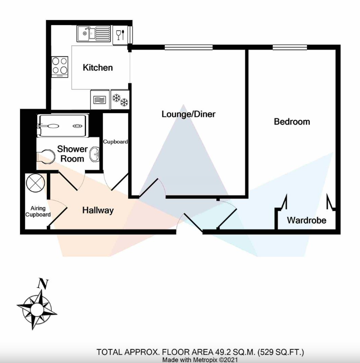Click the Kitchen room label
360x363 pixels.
tap(98, 68)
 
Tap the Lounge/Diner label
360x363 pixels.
tap(188, 114)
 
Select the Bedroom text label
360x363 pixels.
tap(292, 122)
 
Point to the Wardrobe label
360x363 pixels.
tap(306, 220)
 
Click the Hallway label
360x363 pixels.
tap(98, 210)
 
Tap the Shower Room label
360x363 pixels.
tap(72, 154)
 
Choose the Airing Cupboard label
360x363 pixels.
tap(38, 211)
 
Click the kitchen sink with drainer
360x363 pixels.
tap(94, 34)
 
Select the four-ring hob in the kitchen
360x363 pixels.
tap(59, 67)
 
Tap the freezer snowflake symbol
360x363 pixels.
tap(120, 100)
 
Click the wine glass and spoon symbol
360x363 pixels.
tap(120, 35)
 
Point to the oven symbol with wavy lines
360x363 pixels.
tap(99, 100)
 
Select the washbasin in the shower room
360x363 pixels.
tap(94, 154)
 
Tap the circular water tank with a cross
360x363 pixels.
tap(35, 183)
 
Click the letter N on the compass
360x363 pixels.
tap(43, 284)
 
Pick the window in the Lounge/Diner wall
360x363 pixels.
tap(188, 47)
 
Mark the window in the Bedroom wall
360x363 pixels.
tap(290, 47)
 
